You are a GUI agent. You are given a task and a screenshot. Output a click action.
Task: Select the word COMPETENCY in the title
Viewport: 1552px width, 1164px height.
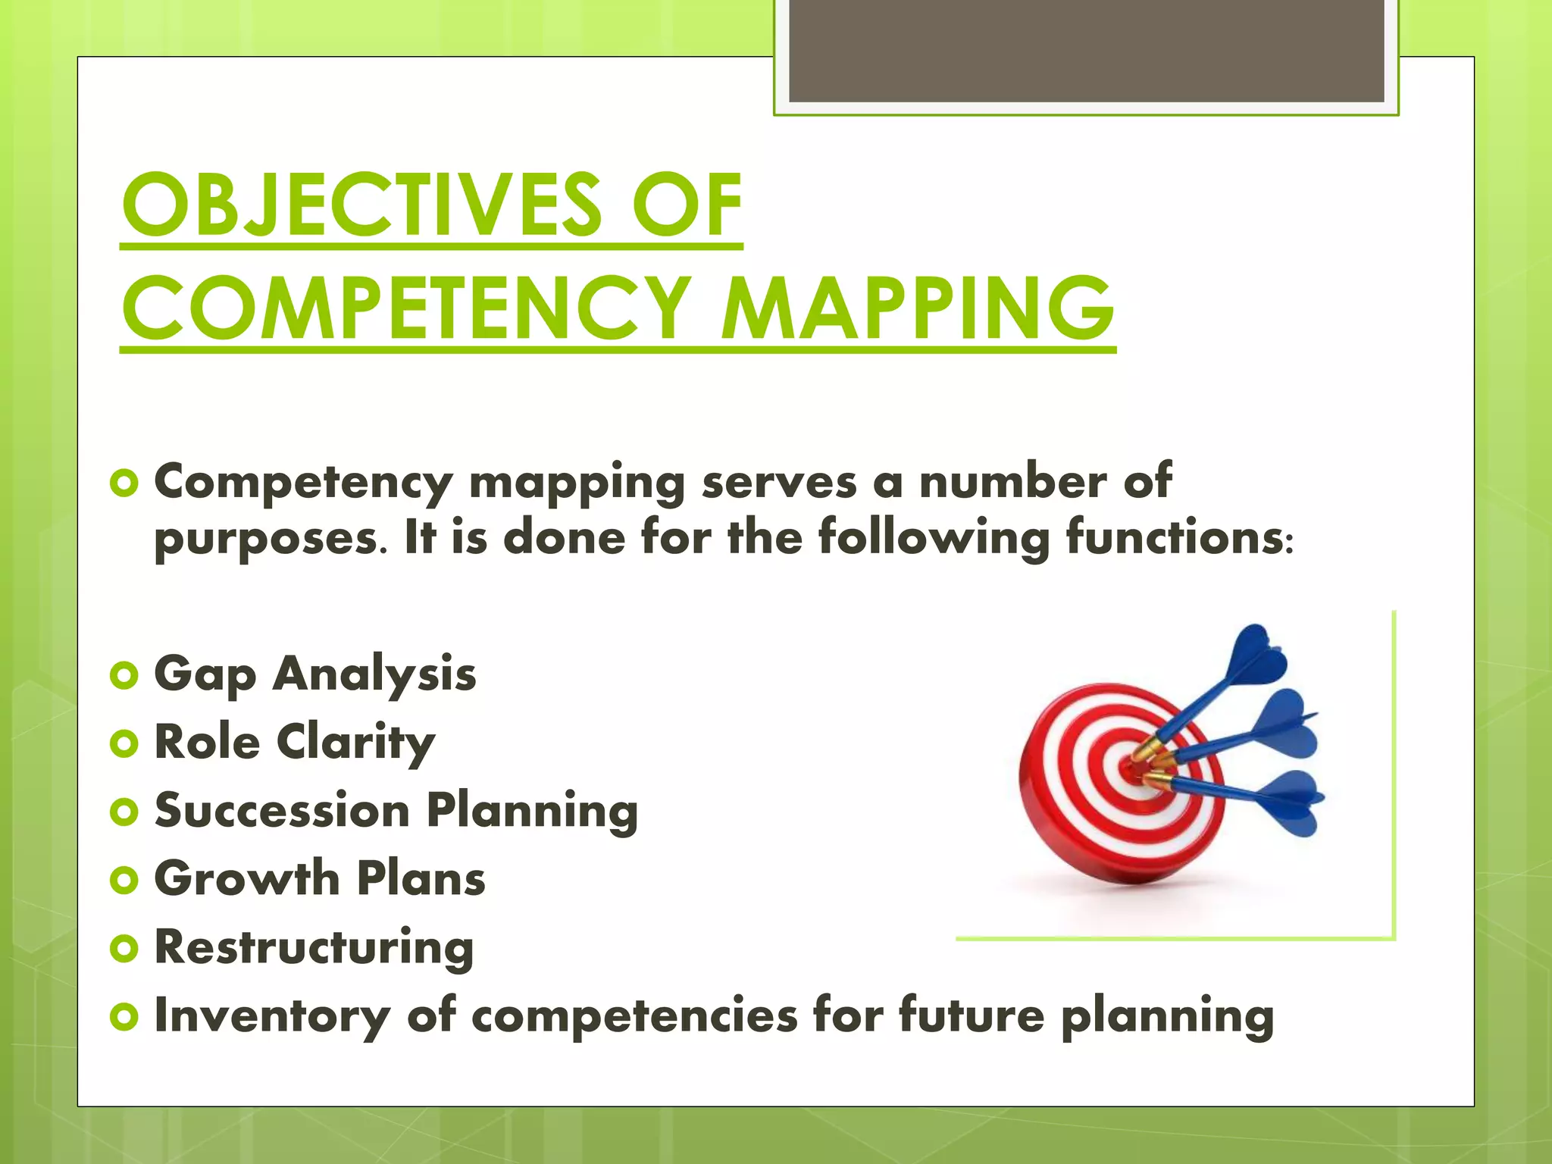click(406, 309)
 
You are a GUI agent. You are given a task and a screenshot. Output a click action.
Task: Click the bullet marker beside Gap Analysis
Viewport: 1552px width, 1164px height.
click(124, 674)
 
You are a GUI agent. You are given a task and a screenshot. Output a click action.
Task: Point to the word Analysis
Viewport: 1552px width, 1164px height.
click(374, 674)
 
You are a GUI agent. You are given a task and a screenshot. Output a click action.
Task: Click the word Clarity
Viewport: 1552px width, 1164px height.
click(355, 743)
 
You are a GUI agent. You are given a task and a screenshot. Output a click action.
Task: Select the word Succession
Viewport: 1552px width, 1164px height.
click(282, 811)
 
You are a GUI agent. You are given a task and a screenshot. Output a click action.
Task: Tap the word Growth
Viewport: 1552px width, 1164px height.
click(247, 879)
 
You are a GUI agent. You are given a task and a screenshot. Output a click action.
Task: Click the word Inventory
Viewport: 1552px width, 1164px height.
click(272, 1015)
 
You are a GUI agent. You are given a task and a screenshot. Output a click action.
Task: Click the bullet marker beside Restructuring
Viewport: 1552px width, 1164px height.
click(124, 949)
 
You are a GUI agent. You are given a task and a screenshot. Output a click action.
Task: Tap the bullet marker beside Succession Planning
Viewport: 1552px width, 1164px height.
click(124, 812)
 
